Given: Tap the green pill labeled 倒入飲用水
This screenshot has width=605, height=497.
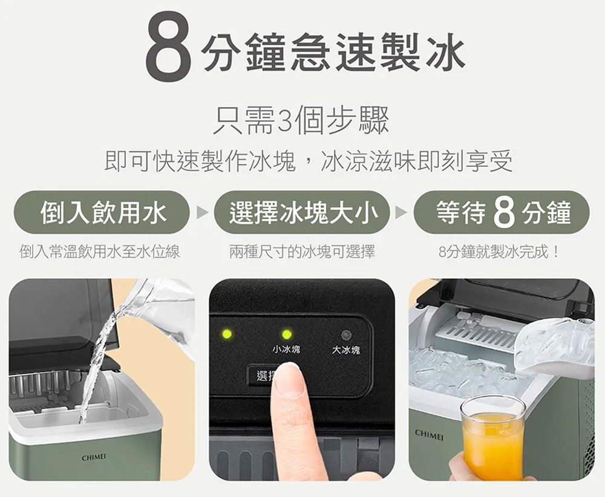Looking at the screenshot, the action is [102, 212].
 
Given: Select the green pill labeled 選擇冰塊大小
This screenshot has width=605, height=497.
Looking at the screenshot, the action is [302, 212].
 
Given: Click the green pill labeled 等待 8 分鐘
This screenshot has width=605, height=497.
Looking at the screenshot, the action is [502, 212].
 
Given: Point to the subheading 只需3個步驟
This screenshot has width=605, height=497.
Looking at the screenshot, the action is [302, 121].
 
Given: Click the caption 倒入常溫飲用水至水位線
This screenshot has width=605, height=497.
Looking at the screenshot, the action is [100, 253].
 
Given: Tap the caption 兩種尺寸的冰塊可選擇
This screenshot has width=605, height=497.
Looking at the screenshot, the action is [302, 253].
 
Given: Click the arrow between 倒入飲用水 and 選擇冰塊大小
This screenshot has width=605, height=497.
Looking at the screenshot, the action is [202, 212].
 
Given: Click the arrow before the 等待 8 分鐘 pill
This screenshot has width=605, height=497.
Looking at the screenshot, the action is [402, 212].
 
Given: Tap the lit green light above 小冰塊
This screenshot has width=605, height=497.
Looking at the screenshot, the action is [287, 334].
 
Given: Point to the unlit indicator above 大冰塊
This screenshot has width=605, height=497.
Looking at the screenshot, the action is [346, 334].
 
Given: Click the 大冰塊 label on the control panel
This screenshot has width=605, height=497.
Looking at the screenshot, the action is [345, 350].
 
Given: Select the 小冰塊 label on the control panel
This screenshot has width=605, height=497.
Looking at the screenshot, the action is [286, 349].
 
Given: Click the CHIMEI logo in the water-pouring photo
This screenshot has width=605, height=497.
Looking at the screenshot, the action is [94, 458].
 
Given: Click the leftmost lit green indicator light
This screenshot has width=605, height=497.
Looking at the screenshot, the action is [226, 334].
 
